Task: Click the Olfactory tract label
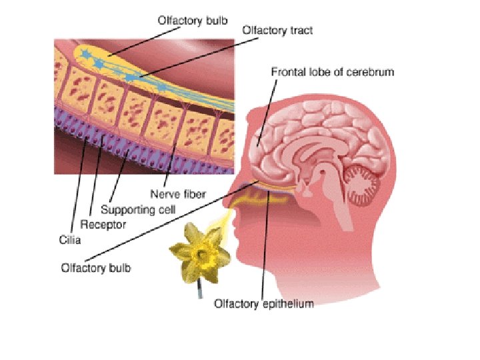pos(277,30)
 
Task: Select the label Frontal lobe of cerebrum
pos(332,72)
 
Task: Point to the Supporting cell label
pos(143,210)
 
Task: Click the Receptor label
pos(103,225)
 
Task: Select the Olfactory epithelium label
pos(263,304)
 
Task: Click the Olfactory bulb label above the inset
pos(193,20)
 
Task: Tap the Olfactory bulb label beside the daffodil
pos(96,269)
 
